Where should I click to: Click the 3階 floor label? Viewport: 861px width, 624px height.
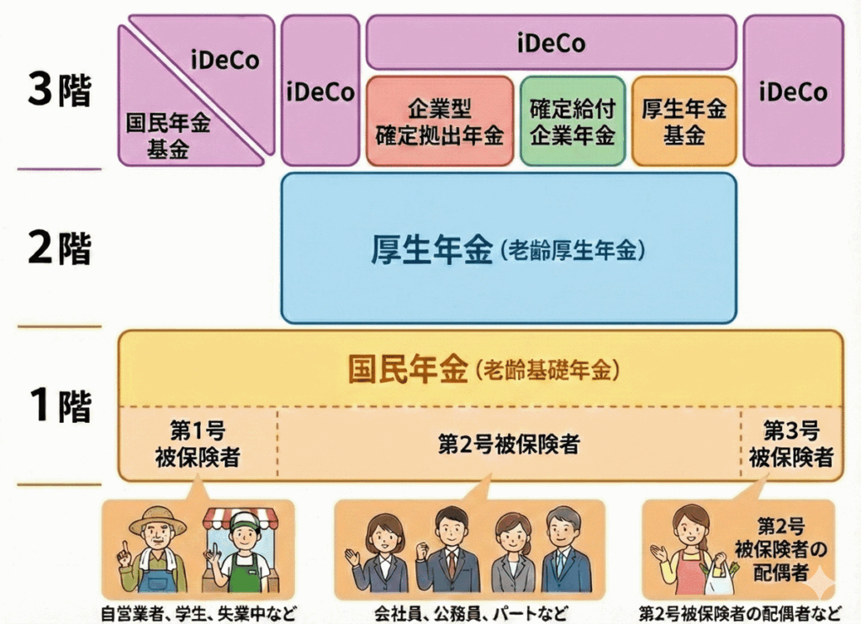click(x=59, y=92)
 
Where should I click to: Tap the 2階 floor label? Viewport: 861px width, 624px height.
click(x=59, y=249)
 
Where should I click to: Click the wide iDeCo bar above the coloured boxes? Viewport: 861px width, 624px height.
click(x=551, y=42)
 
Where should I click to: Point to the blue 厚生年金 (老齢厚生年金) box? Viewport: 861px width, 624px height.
click(x=508, y=249)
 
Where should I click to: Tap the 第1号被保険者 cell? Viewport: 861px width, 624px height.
click(x=197, y=444)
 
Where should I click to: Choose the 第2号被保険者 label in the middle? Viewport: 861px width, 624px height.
click(x=508, y=444)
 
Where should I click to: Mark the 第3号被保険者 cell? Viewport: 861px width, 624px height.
click(x=790, y=444)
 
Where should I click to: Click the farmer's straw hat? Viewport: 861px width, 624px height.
click(x=157, y=519)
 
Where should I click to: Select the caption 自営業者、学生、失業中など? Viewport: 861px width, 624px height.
click(x=198, y=613)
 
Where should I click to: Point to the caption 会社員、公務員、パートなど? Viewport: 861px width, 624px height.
click(x=470, y=613)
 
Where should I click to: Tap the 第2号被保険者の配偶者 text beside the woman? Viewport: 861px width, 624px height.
click(x=781, y=549)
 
